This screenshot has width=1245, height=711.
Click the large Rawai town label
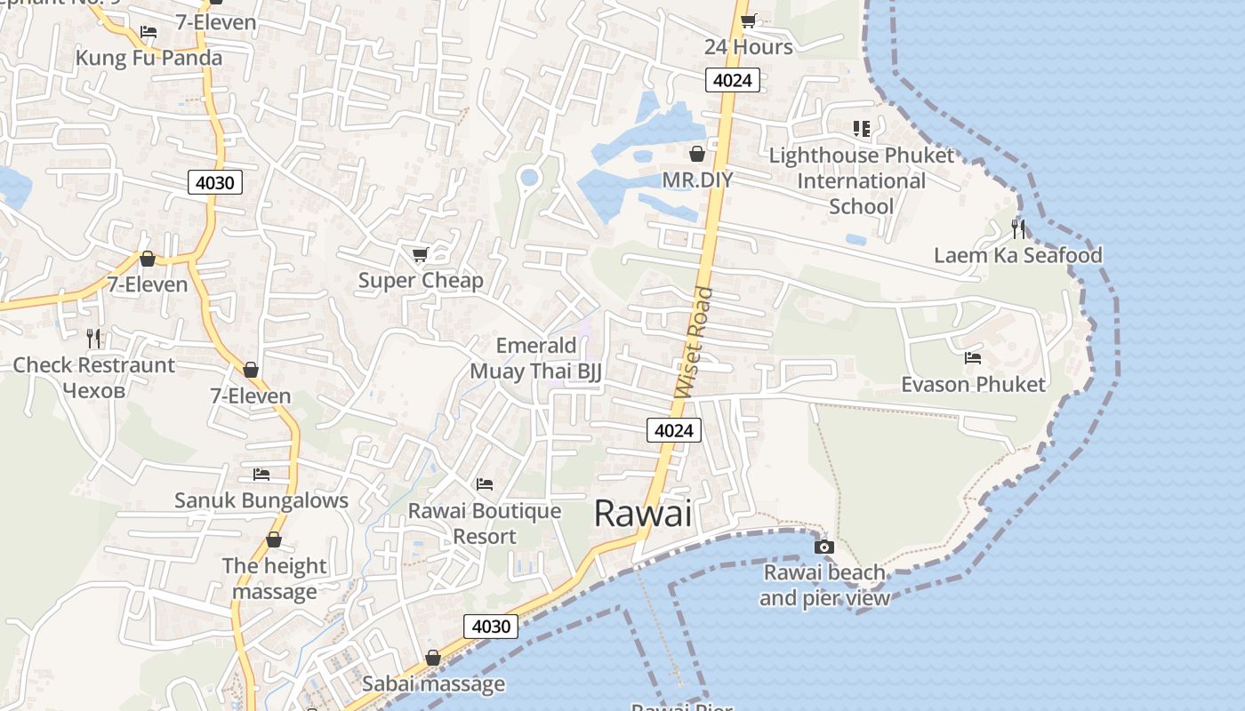[x=642, y=513]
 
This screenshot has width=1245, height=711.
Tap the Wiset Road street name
[x=695, y=343]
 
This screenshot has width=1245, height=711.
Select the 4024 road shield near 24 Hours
[x=734, y=81]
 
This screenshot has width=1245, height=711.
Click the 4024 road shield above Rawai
[x=673, y=431]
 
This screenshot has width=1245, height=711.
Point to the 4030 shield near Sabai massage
[x=491, y=627]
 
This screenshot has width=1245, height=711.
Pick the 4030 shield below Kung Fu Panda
[x=215, y=183]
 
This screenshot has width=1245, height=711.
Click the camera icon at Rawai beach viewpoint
[x=824, y=547]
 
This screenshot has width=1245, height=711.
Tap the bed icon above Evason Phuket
[x=973, y=358]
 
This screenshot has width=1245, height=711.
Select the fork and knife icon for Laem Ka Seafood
[x=1018, y=229]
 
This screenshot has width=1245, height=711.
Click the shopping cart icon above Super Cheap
[x=421, y=255]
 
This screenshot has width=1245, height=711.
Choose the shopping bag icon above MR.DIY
[x=697, y=155]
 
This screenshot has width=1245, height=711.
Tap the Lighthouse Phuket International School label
[x=861, y=181]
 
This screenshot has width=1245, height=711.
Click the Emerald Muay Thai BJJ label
[x=536, y=358]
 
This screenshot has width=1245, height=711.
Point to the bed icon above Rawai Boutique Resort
[x=485, y=484]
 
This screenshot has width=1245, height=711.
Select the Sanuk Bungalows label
[x=261, y=500]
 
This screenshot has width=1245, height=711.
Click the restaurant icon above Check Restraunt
[x=93, y=339]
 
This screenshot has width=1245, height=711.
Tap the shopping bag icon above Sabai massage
[x=433, y=659]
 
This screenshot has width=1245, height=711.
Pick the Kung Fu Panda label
[x=149, y=58]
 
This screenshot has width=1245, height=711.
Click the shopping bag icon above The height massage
[x=274, y=540]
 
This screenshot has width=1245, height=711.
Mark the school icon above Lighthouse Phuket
[x=861, y=129]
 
